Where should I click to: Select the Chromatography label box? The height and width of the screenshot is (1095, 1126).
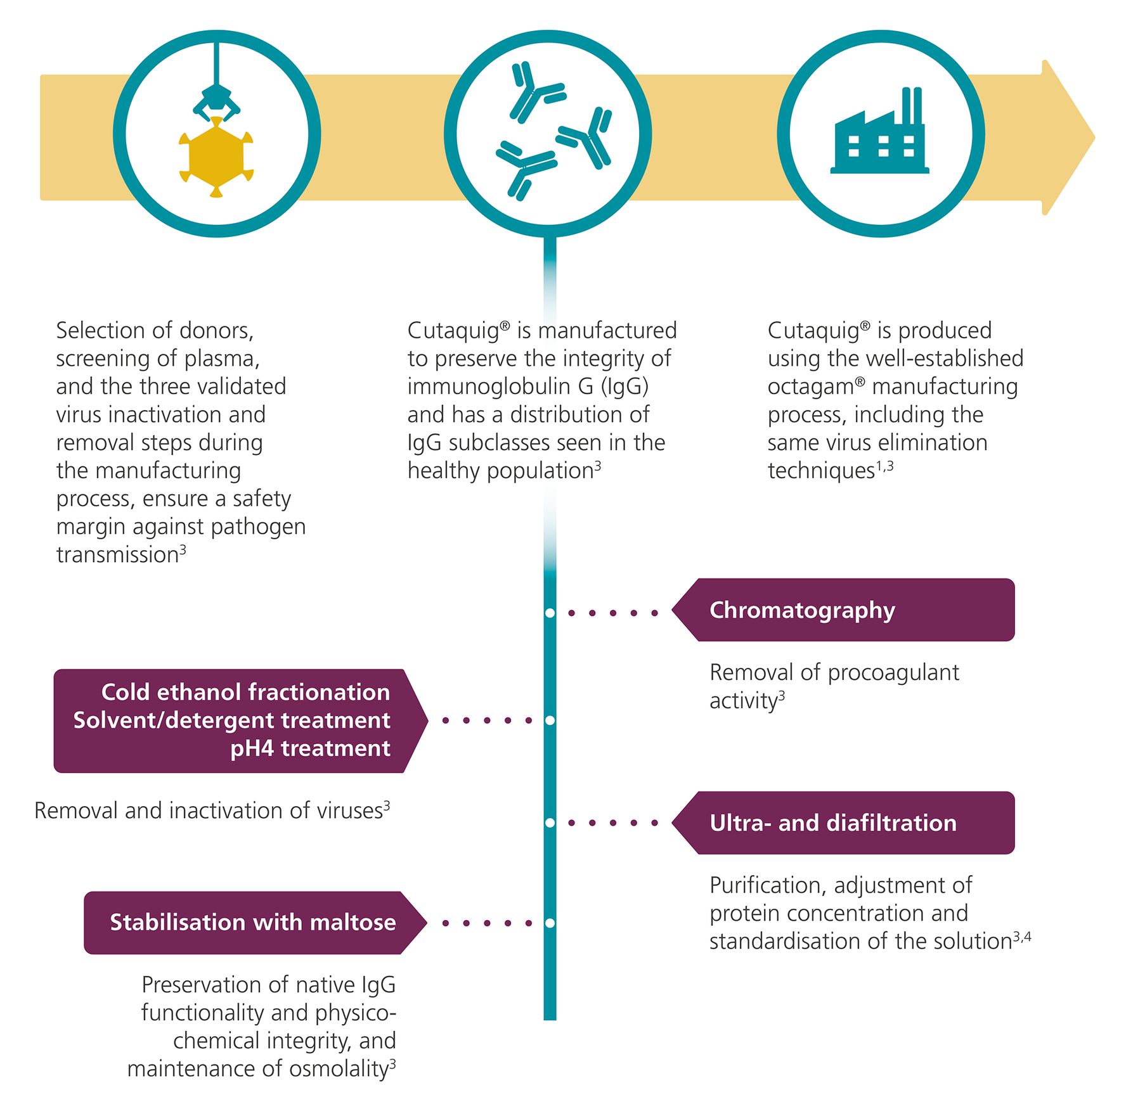843,610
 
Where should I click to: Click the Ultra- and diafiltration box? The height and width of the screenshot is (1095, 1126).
843,823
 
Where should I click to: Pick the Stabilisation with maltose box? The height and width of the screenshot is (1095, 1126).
252,923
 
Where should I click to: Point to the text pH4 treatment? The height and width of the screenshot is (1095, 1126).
310,749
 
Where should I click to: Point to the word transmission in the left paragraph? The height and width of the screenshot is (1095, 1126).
117,555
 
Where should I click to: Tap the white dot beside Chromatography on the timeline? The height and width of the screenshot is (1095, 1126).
550,613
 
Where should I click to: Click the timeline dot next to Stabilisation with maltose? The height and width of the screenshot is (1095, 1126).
550,923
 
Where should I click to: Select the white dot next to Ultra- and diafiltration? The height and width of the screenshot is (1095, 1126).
550,823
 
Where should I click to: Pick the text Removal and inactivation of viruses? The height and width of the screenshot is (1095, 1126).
209,811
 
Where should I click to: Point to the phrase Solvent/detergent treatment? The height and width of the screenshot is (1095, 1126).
231,720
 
